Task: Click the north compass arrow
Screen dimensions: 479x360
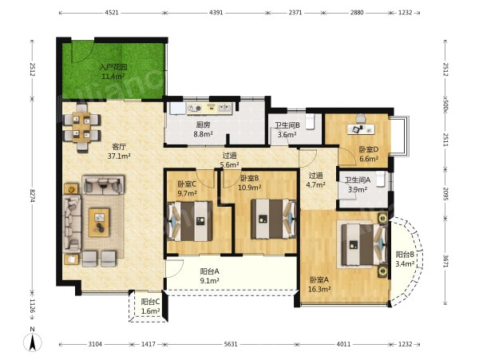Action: tap(33, 342)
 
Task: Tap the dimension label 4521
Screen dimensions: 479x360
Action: tap(112, 13)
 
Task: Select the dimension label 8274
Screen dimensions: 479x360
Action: tap(33, 195)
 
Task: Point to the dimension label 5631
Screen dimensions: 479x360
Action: tap(231, 344)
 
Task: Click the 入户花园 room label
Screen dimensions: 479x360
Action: tap(113, 67)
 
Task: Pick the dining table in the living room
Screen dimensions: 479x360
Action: tap(81, 127)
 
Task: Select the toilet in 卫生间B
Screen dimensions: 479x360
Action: tap(310, 122)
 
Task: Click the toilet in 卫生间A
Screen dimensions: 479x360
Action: tap(380, 180)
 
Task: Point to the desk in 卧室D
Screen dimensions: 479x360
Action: tap(361, 129)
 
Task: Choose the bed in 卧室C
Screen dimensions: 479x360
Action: tap(190, 221)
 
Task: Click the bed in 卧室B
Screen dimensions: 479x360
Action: tap(274, 219)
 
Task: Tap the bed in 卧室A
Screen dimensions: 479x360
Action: tap(362, 244)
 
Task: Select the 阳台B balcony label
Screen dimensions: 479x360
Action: tap(405, 254)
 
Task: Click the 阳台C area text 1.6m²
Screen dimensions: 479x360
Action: tap(151, 311)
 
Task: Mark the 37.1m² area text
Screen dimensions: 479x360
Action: tap(119, 156)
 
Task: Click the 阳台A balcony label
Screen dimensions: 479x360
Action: tap(209, 271)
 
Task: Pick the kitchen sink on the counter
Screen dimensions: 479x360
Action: tap(224, 108)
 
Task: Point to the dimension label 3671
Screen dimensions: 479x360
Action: tap(445, 261)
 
